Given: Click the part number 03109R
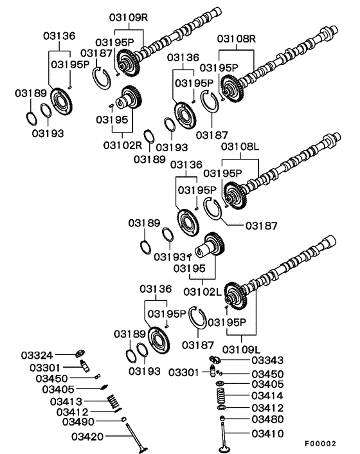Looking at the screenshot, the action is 129,17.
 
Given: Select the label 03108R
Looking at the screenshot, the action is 237,39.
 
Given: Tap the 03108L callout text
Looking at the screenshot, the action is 240,147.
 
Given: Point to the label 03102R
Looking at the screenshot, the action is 123,145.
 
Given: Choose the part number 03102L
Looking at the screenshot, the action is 203,292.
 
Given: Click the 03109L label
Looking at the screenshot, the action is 242,350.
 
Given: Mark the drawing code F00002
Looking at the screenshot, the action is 320,444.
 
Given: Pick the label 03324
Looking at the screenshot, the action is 37,355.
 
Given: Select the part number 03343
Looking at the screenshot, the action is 267,361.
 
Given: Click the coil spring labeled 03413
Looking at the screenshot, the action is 113,401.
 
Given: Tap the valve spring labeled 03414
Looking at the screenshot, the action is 221,395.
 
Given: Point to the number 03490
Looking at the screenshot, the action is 78,422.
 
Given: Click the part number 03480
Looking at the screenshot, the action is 267,419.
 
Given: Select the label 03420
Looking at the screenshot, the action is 87,437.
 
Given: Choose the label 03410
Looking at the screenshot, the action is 267,433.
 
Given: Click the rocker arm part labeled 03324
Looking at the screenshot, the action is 80,353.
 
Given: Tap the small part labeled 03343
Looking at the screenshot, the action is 215,359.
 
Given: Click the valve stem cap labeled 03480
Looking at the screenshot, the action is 222,418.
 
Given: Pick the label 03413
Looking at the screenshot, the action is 66,402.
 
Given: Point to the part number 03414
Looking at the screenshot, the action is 267,395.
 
